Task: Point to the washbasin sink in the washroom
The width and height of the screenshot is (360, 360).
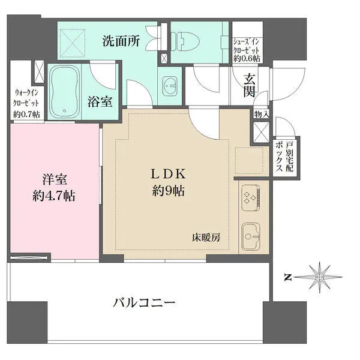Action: click(170, 86)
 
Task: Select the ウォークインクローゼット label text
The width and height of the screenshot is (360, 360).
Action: click(27, 103)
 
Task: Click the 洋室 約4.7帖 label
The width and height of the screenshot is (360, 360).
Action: click(53, 187)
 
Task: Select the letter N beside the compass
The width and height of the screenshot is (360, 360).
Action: click(288, 277)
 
